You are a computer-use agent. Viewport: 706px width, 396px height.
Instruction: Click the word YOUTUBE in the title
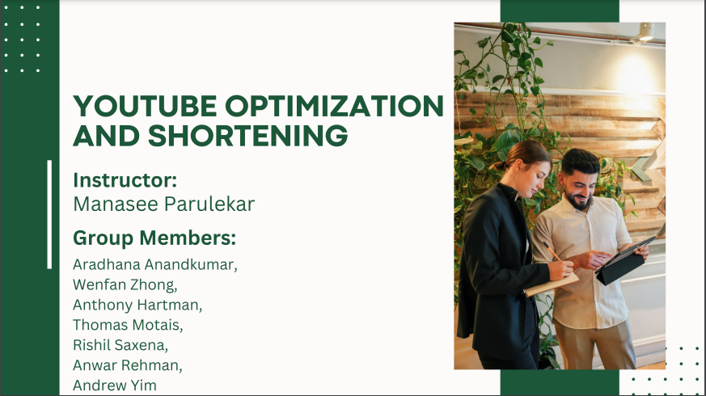click(x=145, y=106)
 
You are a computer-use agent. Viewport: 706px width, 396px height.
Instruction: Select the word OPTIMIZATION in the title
click(x=335, y=106)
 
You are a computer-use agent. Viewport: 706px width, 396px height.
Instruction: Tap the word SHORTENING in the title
click(x=247, y=135)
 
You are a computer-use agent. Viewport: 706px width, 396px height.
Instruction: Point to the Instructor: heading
click(x=125, y=180)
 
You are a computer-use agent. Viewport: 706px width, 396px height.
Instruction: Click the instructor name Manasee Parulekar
click(x=164, y=204)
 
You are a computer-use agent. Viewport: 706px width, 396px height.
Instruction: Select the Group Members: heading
click(x=154, y=238)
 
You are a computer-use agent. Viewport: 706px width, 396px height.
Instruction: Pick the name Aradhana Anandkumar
click(x=155, y=264)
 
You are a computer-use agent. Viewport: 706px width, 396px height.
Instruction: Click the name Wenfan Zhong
click(x=125, y=284)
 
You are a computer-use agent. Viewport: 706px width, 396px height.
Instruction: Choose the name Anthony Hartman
click(x=137, y=305)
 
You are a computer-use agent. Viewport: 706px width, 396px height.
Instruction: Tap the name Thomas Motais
click(x=128, y=325)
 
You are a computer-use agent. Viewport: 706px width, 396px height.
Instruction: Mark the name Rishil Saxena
click(x=120, y=345)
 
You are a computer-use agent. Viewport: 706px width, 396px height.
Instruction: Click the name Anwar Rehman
click(x=128, y=365)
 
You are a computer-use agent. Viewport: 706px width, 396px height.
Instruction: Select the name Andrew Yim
click(x=115, y=385)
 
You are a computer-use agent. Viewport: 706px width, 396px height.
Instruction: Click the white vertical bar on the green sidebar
click(x=49, y=215)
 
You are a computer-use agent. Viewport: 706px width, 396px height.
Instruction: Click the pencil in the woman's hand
click(x=552, y=252)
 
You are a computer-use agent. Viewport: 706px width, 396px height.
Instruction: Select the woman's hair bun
click(x=500, y=165)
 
